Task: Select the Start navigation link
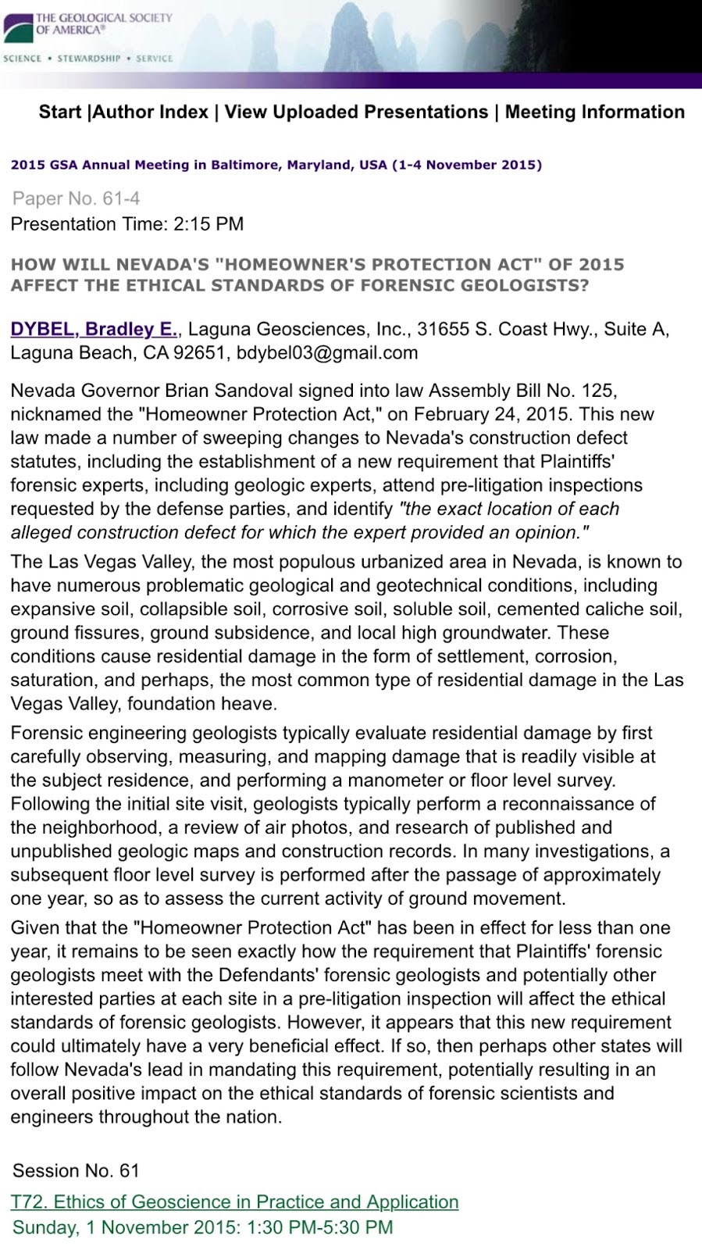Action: tap(60, 112)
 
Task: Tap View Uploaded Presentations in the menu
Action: tap(356, 112)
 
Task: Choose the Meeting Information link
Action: tap(594, 112)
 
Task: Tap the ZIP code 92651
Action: tap(195, 353)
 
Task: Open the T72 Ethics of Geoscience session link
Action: tap(235, 1202)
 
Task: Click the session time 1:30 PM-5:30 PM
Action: tap(319, 1227)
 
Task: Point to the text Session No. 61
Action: tap(76, 1170)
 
